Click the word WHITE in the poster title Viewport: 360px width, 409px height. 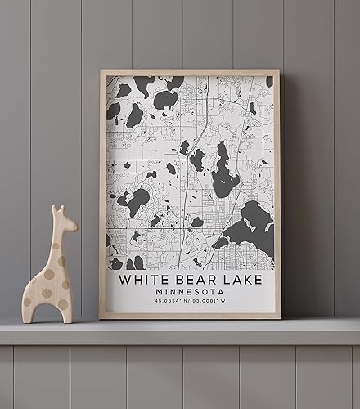pos(142,280)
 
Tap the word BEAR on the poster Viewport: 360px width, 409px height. pos(193,280)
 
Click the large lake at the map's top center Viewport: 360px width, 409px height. pos(166,101)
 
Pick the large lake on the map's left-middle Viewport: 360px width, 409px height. pos(135,200)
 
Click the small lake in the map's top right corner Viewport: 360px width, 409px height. pos(269,81)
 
